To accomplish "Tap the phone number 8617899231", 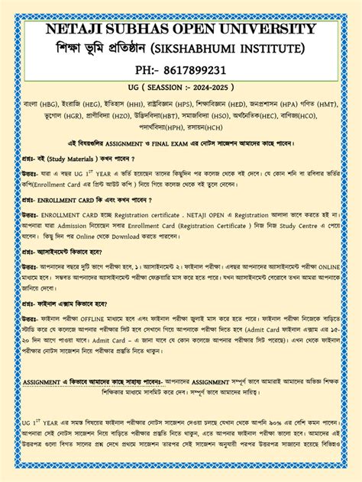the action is (x=201, y=71).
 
